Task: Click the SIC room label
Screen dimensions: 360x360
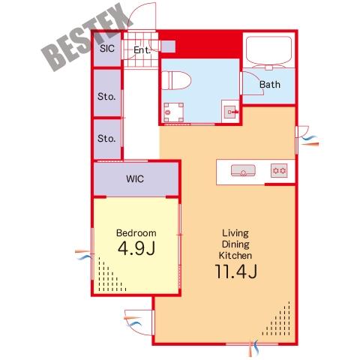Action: [107, 48]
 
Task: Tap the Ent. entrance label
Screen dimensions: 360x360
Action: [142, 50]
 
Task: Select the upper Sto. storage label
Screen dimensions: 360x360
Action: [106, 96]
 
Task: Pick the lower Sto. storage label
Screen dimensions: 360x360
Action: [106, 138]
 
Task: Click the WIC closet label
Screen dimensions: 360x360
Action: [135, 178]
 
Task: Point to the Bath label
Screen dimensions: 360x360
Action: [270, 85]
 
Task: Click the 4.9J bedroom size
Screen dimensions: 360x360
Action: [136, 248]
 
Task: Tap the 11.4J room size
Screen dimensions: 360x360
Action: [235, 271]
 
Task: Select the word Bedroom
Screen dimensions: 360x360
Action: [136, 232]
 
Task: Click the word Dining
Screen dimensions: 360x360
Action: [235, 244]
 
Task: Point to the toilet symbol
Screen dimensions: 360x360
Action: [176, 80]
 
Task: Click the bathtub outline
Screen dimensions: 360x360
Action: [269, 51]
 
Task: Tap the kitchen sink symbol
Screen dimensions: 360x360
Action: [243, 170]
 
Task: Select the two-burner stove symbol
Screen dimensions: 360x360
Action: [279, 171]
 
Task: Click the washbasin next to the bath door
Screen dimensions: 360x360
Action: [230, 112]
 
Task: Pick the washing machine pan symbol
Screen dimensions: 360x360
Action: [174, 112]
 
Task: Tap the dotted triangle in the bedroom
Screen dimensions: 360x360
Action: [112, 274]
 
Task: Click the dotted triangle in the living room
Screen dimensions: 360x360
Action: [277, 319]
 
